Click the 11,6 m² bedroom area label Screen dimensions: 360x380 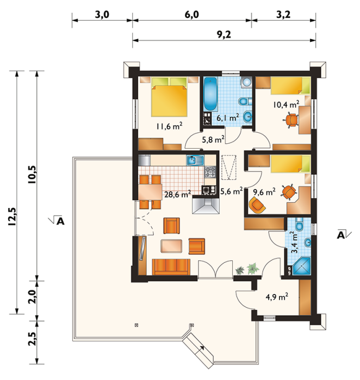169,126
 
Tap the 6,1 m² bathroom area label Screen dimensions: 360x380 227,118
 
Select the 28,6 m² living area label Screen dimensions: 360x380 177,194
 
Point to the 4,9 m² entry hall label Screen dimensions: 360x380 277,297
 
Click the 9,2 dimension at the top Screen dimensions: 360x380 224,35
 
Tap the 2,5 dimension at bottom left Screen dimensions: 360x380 33,339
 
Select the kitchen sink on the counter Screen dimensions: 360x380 195,160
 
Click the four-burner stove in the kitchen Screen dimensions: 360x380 210,172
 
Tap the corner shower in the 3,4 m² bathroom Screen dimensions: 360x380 301,267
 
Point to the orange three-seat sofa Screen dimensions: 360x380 171,267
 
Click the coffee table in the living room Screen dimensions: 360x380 171,246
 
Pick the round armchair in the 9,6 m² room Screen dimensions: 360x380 257,205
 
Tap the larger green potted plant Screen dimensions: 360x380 253,268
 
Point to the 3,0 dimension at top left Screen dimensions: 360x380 102,15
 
